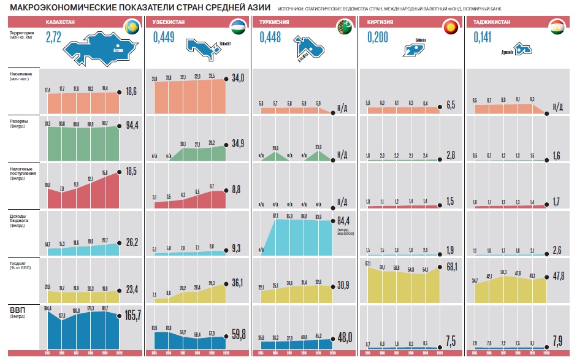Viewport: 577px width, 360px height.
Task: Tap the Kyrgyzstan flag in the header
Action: coord(450,26)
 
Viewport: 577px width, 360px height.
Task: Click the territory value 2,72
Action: coord(53,38)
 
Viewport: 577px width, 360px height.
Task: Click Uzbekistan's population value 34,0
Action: coord(238,78)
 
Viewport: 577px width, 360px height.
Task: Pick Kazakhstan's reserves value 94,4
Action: coord(132,126)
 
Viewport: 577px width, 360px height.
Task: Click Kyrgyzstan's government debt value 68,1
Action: coord(453,267)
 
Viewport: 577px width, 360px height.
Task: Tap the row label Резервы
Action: coord(19,121)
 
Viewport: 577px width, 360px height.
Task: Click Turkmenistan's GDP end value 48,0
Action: coord(346,337)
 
